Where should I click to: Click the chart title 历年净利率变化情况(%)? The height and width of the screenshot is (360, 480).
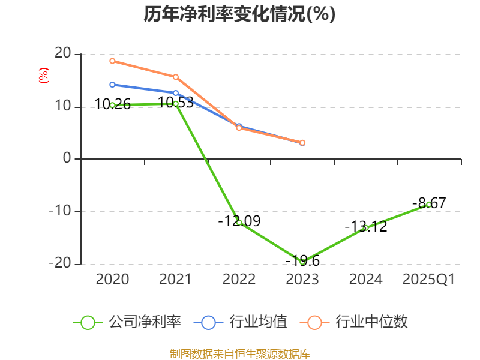coord(239,14)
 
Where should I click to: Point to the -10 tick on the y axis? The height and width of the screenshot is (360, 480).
coord(61,212)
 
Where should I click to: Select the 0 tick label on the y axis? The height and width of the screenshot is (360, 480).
coord(67,159)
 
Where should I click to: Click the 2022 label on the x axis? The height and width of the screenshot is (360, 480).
coord(239,280)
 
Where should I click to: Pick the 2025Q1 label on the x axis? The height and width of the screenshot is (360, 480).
coord(428,280)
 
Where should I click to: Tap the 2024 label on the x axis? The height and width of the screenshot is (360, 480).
coord(365,280)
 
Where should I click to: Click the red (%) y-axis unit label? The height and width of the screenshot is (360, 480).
coord(43,76)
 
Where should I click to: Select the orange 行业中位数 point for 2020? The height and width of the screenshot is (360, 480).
coord(112,61)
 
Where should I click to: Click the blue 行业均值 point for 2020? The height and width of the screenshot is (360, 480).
coord(112,85)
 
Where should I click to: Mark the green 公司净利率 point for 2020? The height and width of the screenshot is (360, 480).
coord(112,105)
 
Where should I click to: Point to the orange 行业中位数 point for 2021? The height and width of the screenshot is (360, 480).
coord(176,77)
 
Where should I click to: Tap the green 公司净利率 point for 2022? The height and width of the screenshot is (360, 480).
coord(239,223)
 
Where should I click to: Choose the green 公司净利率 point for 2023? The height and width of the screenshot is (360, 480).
coord(302,262)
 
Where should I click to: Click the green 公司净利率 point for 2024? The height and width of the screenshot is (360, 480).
coord(365,228)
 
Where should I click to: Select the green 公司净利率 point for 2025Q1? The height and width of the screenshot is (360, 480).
coord(428,205)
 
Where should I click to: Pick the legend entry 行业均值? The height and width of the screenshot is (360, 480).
coord(240,322)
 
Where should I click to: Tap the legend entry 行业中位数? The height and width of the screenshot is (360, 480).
coord(358,322)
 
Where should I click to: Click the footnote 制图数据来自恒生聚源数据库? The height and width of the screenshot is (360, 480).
coord(239,353)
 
